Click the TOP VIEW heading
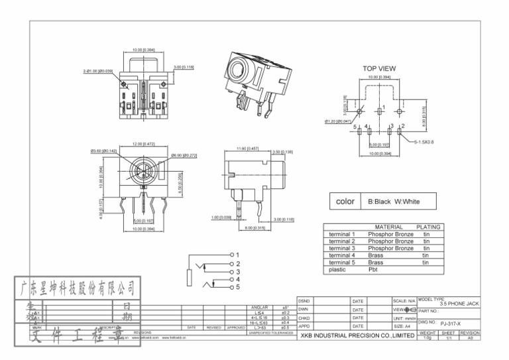(x=379, y=68)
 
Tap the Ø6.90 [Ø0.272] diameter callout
(x=184, y=155)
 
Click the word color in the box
(x=345, y=202)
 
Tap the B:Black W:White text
(x=394, y=202)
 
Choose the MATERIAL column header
(x=388, y=227)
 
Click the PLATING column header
(x=427, y=227)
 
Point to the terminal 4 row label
(x=342, y=255)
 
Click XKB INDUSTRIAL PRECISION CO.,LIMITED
(x=357, y=336)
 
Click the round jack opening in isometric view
(x=237, y=70)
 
